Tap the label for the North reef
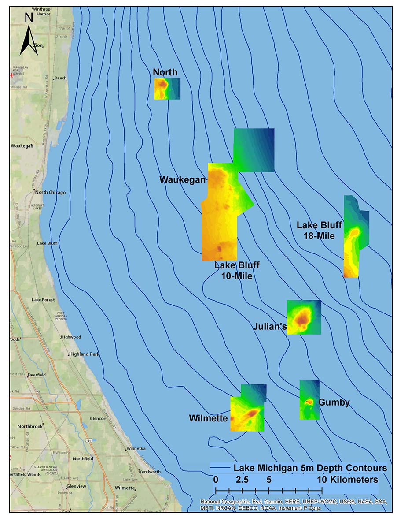click(x=165, y=72)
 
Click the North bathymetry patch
click(x=167, y=89)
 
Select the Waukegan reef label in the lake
click(x=182, y=180)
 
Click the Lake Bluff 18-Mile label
click(x=319, y=231)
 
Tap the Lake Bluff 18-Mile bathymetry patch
click(x=354, y=238)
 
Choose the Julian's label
click(x=270, y=327)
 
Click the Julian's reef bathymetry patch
click(x=304, y=317)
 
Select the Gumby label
click(x=334, y=402)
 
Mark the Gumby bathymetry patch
click(x=309, y=400)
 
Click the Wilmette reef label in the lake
click(x=208, y=418)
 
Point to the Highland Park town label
click(x=85, y=354)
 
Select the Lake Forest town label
click(x=44, y=300)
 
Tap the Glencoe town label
click(x=97, y=418)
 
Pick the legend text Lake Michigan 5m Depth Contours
click(x=310, y=468)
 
